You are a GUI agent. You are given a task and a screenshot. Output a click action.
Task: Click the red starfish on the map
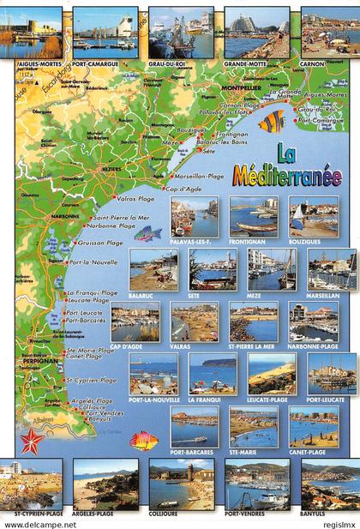click(x=33, y=441)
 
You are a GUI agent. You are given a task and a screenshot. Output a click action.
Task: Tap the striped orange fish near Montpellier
click(x=272, y=122)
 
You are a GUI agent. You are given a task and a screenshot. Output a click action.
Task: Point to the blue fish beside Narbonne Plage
click(x=147, y=233)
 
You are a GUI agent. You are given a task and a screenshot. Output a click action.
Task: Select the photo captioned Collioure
click(x=181, y=484)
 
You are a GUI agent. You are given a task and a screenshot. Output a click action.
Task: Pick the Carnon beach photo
click(x=330, y=32)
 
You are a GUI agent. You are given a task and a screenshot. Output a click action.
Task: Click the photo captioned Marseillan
click(x=330, y=270)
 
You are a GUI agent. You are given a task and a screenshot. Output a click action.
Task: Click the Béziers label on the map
click(x=111, y=170)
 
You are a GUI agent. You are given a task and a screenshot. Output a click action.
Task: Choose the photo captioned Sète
click(x=213, y=270)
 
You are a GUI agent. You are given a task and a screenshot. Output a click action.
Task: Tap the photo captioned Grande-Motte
click(x=255, y=32)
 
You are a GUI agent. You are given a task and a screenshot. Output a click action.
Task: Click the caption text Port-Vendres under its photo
click(x=256, y=514)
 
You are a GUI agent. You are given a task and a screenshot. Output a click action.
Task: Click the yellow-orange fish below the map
click(x=144, y=441)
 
